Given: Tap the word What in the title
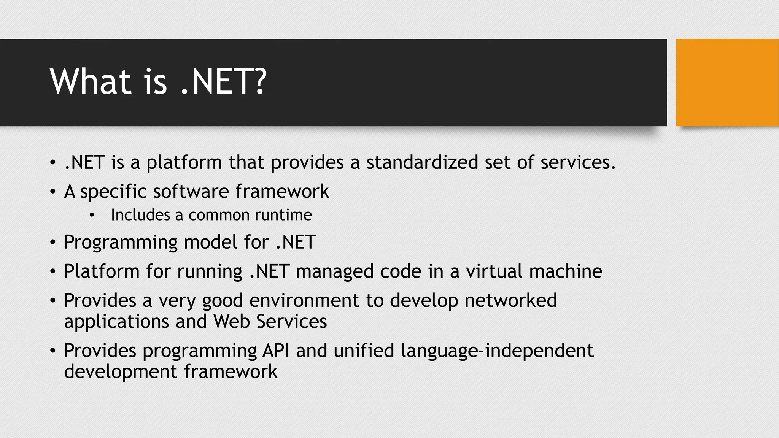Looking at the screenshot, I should click(91, 82).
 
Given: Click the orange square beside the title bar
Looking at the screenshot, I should click(727, 83).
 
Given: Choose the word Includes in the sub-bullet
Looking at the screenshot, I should click(140, 215).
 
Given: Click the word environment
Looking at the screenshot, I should click(304, 300).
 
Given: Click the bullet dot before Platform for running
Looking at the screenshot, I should click(53, 272).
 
